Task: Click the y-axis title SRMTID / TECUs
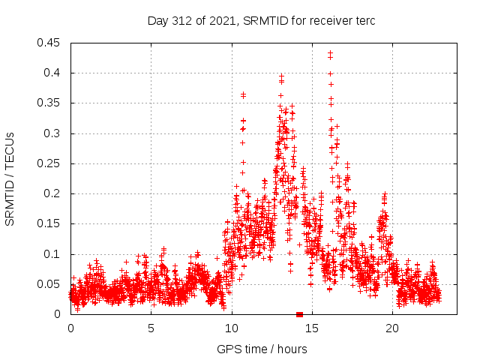pos(10,178)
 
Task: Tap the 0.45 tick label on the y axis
pos(52,43)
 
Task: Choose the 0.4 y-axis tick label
pos(55,73)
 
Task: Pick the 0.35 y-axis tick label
pos(52,103)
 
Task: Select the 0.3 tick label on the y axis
pos(55,133)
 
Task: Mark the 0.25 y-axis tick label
pos(52,163)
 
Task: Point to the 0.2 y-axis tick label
pos(55,193)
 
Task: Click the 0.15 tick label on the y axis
pos(52,223)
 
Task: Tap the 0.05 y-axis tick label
pos(52,284)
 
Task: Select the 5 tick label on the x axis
pos(151,328)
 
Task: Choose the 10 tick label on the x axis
pos(232,328)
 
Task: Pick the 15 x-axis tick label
pos(312,328)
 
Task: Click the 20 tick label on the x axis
pos(392,328)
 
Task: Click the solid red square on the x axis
pos(299,314)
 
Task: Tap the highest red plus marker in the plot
pos(330,53)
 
